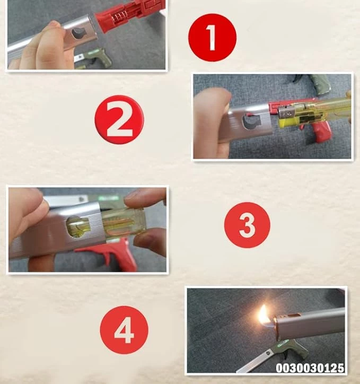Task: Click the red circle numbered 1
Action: pyautogui.click(x=212, y=38)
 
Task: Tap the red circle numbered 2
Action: pyautogui.click(x=119, y=119)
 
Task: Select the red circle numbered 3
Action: pyautogui.click(x=247, y=225)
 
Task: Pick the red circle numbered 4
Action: pyautogui.click(x=124, y=329)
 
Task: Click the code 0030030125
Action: pyautogui.click(x=310, y=368)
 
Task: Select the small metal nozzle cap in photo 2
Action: pyautogui.click(x=285, y=112)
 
